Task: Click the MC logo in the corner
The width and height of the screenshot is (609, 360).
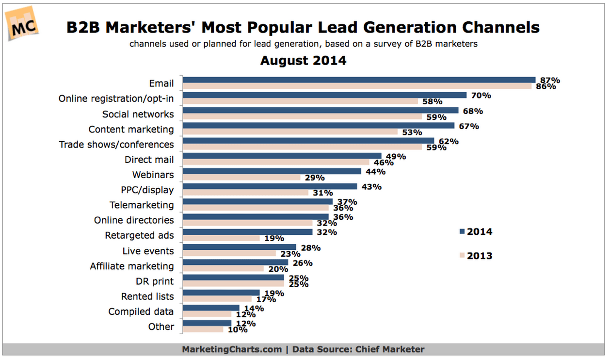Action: (x=22, y=24)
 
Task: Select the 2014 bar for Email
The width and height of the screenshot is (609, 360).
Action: (x=359, y=80)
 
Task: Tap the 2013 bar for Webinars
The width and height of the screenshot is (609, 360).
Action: (x=241, y=178)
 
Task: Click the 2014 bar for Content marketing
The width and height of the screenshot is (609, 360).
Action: (x=319, y=126)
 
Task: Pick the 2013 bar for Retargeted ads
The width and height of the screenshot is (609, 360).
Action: (x=221, y=238)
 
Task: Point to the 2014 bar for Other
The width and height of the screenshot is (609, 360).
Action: (x=207, y=323)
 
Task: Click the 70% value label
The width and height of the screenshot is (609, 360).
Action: (x=481, y=96)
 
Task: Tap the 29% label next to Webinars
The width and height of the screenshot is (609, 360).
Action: (x=315, y=178)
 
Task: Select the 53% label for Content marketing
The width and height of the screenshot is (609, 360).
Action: (x=412, y=132)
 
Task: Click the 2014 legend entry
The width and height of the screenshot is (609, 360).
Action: (x=476, y=231)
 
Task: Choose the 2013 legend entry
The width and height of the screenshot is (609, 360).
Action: (x=476, y=256)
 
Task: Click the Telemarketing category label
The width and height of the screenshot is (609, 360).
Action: (x=142, y=205)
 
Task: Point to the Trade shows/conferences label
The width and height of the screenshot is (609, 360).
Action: (x=116, y=145)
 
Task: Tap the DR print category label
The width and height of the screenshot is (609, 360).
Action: (x=155, y=281)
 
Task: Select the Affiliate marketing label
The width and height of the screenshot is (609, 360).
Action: (x=132, y=266)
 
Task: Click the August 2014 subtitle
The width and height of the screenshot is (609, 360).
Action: (x=303, y=61)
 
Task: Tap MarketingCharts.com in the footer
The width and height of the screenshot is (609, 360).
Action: (x=232, y=349)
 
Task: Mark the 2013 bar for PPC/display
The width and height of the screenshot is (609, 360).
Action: (x=245, y=193)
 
